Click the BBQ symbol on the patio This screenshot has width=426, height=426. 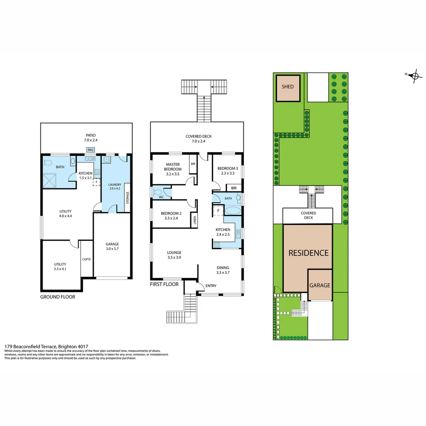(x=91, y=150)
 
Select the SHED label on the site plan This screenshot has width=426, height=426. (x=288, y=87)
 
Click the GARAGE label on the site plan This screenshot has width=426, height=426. (x=320, y=285)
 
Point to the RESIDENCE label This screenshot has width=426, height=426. (x=308, y=253)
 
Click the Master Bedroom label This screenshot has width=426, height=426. (x=173, y=166)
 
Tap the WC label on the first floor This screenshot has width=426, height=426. (x=161, y=197)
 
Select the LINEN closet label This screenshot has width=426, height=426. (x=195, y=220)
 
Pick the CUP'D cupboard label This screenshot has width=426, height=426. (x=86, y=260)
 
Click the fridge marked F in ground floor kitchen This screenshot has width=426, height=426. (x=96, y=182)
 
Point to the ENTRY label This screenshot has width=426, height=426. (x=211, y=286)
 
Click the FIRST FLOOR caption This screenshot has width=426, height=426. (x=164, y=284)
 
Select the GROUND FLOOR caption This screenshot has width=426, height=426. (x=58, y=297)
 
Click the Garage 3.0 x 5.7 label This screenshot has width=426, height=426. (x=112, y=247)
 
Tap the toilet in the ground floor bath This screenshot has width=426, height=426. (x=73, y=162)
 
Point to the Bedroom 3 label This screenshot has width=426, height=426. (x=228, y=171)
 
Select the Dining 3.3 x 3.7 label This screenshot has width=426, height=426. (x=222, y=270)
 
